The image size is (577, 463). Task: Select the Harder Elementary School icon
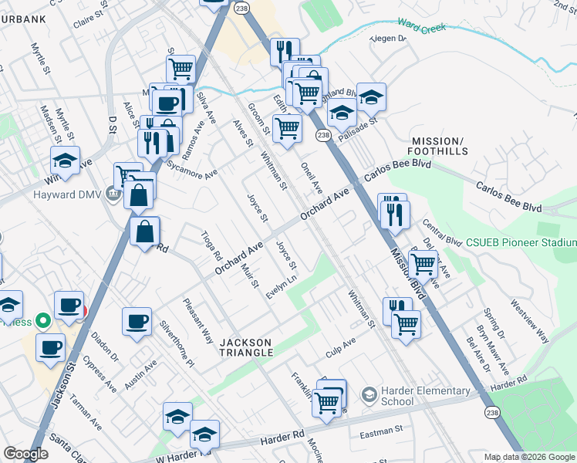(x=369, y=395)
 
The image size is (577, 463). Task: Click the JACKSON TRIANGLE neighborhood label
(x=247, y=347)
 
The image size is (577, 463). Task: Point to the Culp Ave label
(x=340, y=340)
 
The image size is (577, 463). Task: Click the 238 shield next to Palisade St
(x=323, y=136)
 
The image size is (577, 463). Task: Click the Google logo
(x=25, y=455)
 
